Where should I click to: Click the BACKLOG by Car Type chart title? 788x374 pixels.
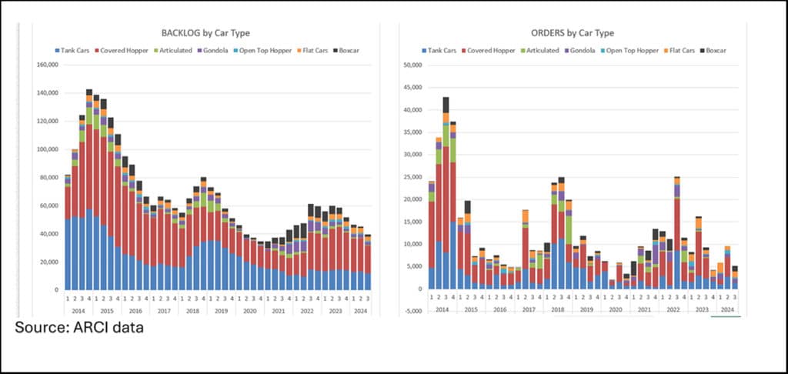point(205,33)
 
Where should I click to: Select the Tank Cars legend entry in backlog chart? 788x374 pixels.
point(75,50)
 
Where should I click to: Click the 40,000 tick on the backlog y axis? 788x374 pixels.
point(48,234)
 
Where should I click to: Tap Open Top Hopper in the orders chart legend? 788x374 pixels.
point(635,50)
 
